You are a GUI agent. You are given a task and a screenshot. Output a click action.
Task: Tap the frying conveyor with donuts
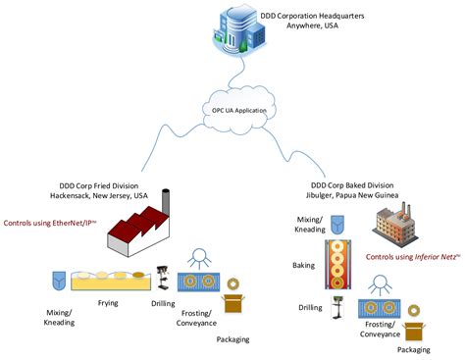tap(113, 283)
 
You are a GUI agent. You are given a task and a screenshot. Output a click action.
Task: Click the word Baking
tap(303, 265)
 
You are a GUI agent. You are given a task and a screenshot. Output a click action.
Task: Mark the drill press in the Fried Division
tap(163, 278)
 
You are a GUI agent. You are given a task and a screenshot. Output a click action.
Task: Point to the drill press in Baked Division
tap(341, 311)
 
